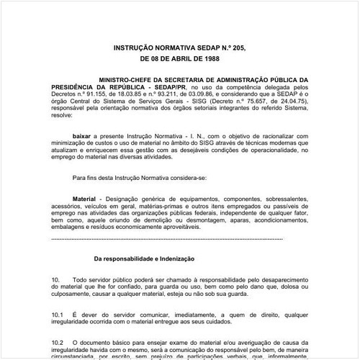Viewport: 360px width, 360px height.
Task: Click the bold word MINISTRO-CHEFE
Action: pos(127,81)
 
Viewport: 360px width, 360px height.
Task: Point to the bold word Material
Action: pos(86,197)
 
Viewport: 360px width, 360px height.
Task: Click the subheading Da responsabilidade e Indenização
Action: pos(145,258)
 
